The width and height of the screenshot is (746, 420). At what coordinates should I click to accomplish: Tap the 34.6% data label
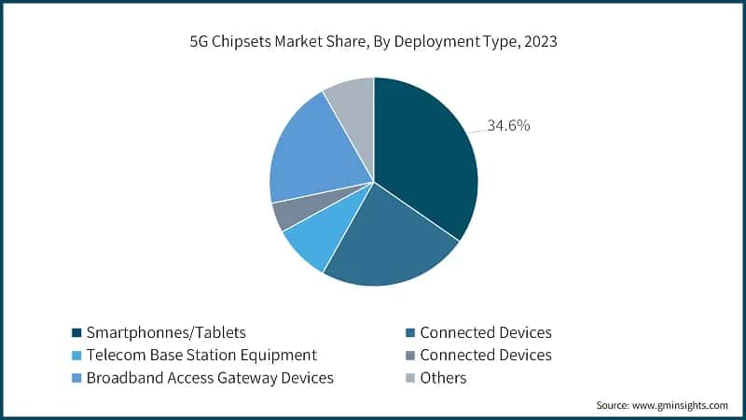pos(507,125)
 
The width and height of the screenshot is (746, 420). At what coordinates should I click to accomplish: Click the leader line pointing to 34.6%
pos(474,130)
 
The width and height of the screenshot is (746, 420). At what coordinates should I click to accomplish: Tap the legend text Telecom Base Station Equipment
pos(201,355)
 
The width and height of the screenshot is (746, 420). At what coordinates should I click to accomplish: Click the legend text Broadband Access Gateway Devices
pos(210,378)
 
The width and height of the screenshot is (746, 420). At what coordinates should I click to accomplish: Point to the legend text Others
pos(443,378)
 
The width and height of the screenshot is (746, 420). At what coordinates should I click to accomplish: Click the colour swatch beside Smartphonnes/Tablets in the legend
pos(76,332)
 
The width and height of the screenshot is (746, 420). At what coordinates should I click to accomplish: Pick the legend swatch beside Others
pos(409,378)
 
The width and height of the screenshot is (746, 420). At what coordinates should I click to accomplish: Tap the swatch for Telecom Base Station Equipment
pos(76,356)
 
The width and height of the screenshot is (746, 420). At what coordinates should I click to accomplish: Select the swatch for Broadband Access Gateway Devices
pos(76,378)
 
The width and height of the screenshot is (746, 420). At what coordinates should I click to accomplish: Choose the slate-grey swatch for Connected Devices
pos(409,356)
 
